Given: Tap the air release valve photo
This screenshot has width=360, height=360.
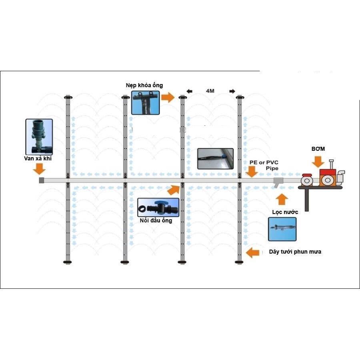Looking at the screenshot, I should coord(39,136).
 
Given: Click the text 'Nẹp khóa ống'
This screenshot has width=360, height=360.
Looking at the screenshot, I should coord(144,85).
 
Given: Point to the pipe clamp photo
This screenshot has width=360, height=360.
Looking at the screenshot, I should coord(145,103).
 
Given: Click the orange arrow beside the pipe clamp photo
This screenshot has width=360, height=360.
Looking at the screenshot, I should coord(168,97).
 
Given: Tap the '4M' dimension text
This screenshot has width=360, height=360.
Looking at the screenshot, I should coord(210,91).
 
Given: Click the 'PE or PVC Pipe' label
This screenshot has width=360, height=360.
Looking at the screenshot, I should coord(264,165).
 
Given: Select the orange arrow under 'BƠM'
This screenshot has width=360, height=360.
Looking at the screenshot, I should coord(318,162).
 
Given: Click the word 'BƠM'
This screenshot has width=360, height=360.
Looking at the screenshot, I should coord(318,149).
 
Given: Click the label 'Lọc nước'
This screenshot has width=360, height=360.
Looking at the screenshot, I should coord(285,212).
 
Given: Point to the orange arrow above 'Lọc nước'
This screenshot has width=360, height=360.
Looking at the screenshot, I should coord(282,199).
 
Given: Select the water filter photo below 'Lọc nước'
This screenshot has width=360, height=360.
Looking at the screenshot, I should coord(282,229).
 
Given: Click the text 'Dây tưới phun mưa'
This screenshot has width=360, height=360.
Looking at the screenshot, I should coord(292,252).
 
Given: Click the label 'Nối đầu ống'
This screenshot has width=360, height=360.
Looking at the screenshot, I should coord(156,220).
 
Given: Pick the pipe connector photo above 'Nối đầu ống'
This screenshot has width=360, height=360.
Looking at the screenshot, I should coord(158,208).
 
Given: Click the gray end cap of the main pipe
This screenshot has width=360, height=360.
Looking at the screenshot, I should coord(42,180).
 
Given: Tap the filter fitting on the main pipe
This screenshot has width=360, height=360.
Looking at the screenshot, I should coord(278,182).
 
